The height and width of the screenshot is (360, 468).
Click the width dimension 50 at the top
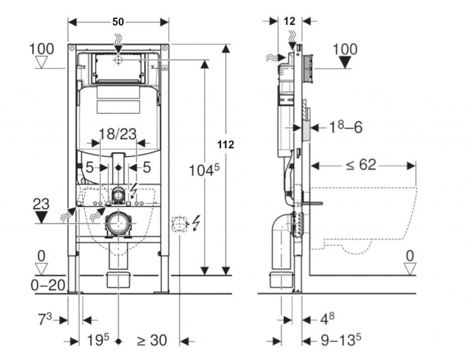point(118,21)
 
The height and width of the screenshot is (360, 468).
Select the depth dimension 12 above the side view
point(289,21)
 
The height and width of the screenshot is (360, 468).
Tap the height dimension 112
point(226,145)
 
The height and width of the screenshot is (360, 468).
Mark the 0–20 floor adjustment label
point(47,286)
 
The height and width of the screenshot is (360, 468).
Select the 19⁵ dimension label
point(98,341)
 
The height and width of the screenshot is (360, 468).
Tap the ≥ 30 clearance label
point(151,341)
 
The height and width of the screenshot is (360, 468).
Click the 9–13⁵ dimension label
point(340,341)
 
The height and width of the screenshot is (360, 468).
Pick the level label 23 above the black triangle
point(41,204)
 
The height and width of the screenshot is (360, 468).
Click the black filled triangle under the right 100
point(346,63)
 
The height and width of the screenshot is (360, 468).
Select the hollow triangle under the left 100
point(42,62)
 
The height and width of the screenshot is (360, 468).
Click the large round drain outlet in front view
point(118,225)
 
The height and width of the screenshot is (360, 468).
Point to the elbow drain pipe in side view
point(280,238)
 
